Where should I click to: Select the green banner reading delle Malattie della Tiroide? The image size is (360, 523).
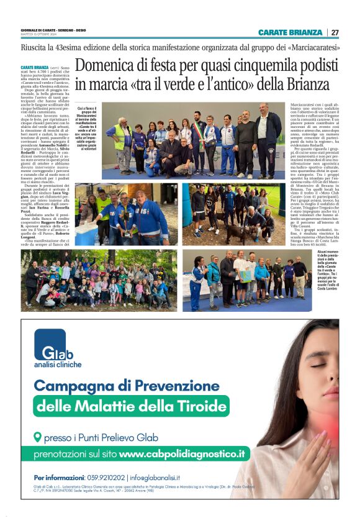(x=132, y=407)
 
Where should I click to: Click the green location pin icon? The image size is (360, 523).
(x=38, y=437)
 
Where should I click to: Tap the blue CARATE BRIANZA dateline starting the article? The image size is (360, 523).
(x=34, y=66)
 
